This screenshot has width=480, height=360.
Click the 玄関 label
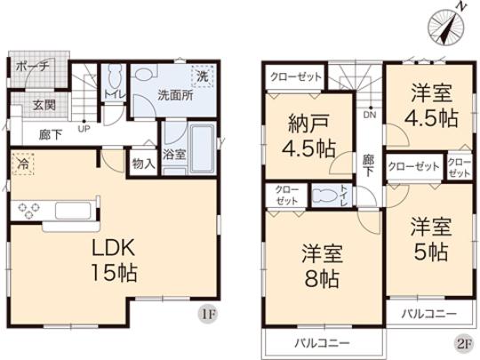click(45, 105)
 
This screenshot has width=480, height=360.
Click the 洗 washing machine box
click(204, 77)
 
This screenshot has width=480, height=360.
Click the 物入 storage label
click(142, 164)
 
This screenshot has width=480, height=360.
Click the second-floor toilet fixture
click(324, 194)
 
